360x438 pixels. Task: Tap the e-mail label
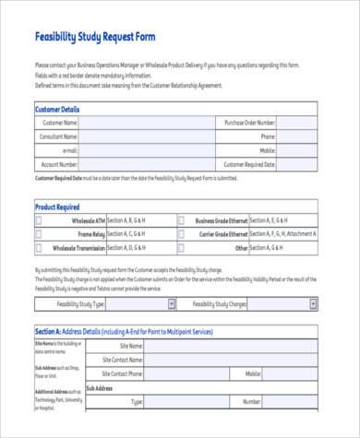[70, 150]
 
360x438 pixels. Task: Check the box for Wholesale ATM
[39, 221]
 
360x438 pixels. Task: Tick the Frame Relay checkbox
[39, 234]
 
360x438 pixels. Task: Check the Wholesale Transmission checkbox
[39, 248]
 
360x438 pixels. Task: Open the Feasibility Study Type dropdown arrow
[171, 302]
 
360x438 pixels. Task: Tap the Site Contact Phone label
[122, 374]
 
